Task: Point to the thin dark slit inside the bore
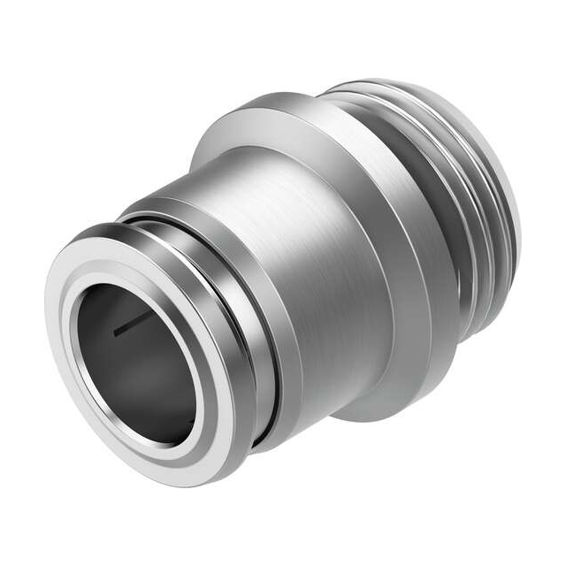pos(126,328)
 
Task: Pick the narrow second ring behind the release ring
pos(265,336)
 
